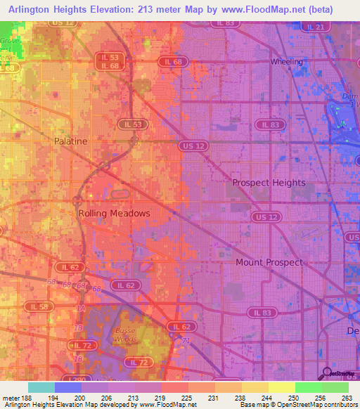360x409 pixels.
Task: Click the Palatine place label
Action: pyautogui.click(x=71, y=141)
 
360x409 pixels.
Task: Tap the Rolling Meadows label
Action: pyautogui.click(x=114, y=212)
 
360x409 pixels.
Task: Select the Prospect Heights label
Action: pyautogui.click(x=269, y=183)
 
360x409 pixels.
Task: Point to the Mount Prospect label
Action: pyautogui.click(x=269, y=262)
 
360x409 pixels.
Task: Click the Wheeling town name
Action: pyautogui.click(x=287, y=62)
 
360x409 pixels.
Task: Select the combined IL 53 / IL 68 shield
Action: pyautogui.click(x=110, y=61)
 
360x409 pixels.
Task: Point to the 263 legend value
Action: pyautogui.click(x=345, y=397)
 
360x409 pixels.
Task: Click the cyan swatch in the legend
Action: pyautogui.click(x=41, y=387)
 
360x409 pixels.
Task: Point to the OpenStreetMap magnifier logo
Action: pyautogui.click(x=326, y=374)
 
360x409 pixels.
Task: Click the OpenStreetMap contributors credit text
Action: pyautogui.click(x=318, y=405)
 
